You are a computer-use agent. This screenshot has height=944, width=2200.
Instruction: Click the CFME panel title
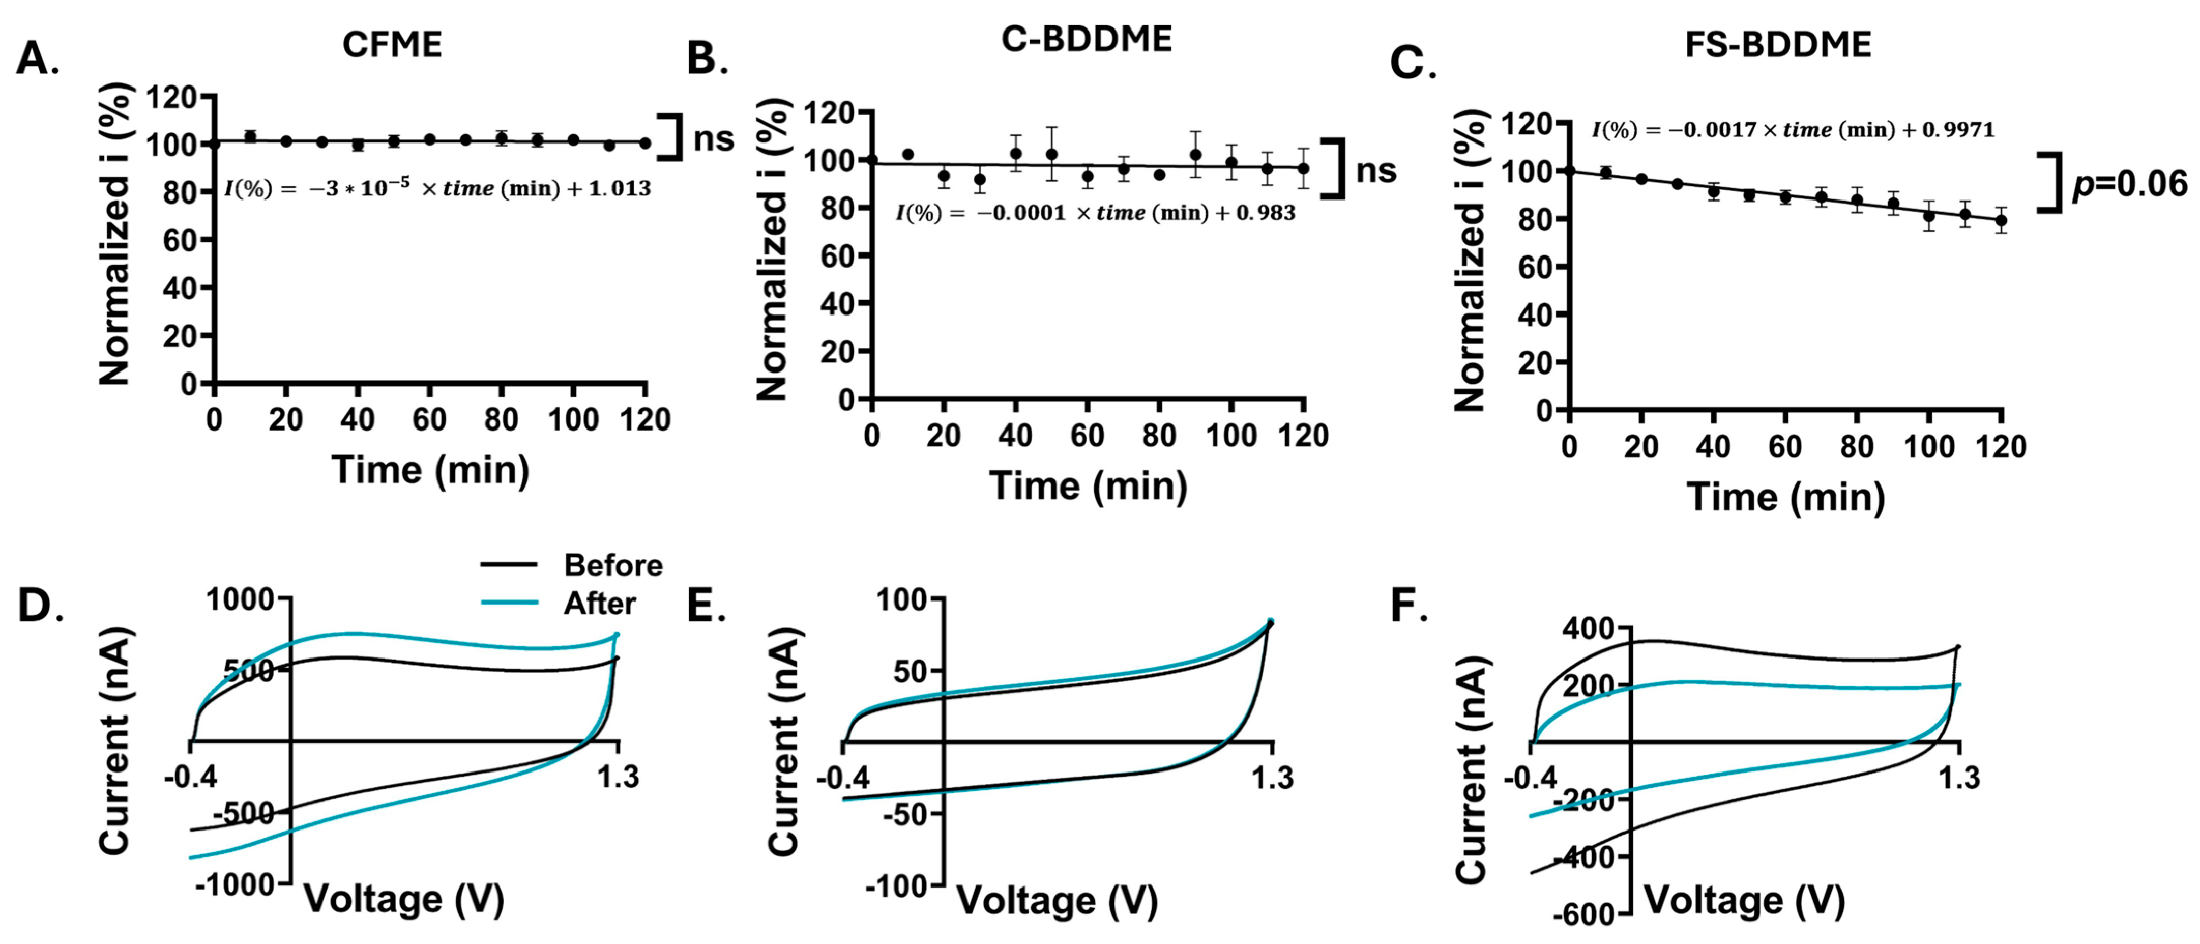click(392, 44)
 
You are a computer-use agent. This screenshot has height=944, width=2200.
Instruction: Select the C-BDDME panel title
click(1087, 39)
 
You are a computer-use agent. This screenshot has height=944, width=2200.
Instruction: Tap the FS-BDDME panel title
click(1778, 44)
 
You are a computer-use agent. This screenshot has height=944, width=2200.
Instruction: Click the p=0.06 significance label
click(2130, 184)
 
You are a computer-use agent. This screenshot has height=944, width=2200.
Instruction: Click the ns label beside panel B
click(1376, 170)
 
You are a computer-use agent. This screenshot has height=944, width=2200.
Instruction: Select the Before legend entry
click(612, 565)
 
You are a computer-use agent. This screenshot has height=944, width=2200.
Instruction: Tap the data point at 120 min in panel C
click(2000, 219)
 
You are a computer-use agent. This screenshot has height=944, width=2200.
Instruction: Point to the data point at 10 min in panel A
click(250, 137)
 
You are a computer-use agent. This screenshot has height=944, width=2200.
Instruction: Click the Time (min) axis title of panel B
click(1087, 486)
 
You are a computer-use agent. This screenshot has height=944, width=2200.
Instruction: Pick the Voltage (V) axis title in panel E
click(1057, 900)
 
